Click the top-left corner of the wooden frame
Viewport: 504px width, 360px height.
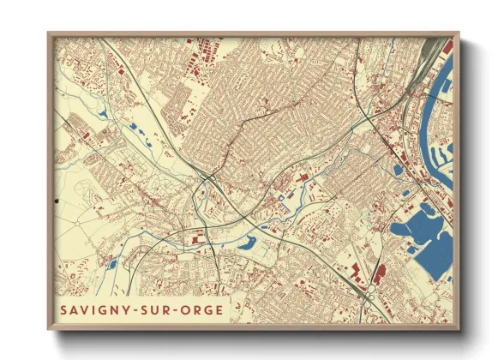(49, 35)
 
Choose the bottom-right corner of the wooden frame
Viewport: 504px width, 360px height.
(459, 329)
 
